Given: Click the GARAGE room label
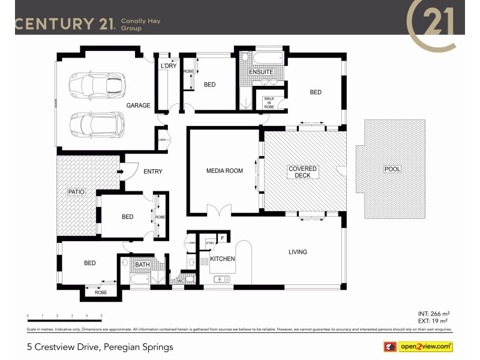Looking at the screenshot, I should [138, 106].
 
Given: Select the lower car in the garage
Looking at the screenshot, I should [96, 124].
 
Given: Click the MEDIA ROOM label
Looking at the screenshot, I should [225, 171].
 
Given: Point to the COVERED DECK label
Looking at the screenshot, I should [302, 173].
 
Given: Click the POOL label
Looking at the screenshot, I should [392, 169].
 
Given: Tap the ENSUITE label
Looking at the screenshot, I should [261, 72].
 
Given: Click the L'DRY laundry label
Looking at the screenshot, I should [168, 66].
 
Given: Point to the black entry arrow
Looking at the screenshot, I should [120, 172].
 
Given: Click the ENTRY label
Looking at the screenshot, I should [152, 172].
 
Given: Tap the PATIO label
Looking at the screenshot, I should [76, 191].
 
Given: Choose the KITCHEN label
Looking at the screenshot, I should [222, 259].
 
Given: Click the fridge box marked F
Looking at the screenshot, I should [223, 238].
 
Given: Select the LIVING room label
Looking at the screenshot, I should [298, 252].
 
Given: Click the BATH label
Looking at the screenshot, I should [142, 264].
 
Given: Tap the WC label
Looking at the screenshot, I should [181, 280].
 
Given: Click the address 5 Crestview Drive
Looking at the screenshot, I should [100, 347].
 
